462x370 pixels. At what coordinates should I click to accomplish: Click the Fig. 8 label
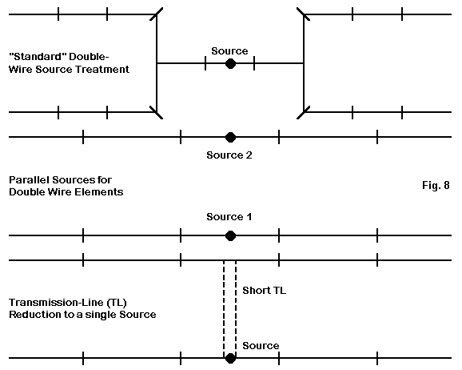436,185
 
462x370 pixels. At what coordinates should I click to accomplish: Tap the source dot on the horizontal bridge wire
230,63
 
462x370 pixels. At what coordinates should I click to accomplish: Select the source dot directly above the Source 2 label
230,137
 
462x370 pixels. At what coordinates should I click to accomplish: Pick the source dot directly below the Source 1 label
230,236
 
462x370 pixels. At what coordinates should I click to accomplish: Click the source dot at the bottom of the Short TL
230,358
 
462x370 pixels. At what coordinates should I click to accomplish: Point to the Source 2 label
229,155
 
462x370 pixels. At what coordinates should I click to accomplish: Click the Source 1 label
229,217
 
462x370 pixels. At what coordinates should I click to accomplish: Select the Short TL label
265,291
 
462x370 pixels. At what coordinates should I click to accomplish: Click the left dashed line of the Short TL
224,307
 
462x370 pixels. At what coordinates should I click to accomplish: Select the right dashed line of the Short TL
236,307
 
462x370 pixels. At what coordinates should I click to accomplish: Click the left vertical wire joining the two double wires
157,63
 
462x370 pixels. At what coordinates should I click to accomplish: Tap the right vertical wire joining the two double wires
304,63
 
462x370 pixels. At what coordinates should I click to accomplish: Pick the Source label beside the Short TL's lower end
261,346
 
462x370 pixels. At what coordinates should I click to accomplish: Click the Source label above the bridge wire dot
229,50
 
